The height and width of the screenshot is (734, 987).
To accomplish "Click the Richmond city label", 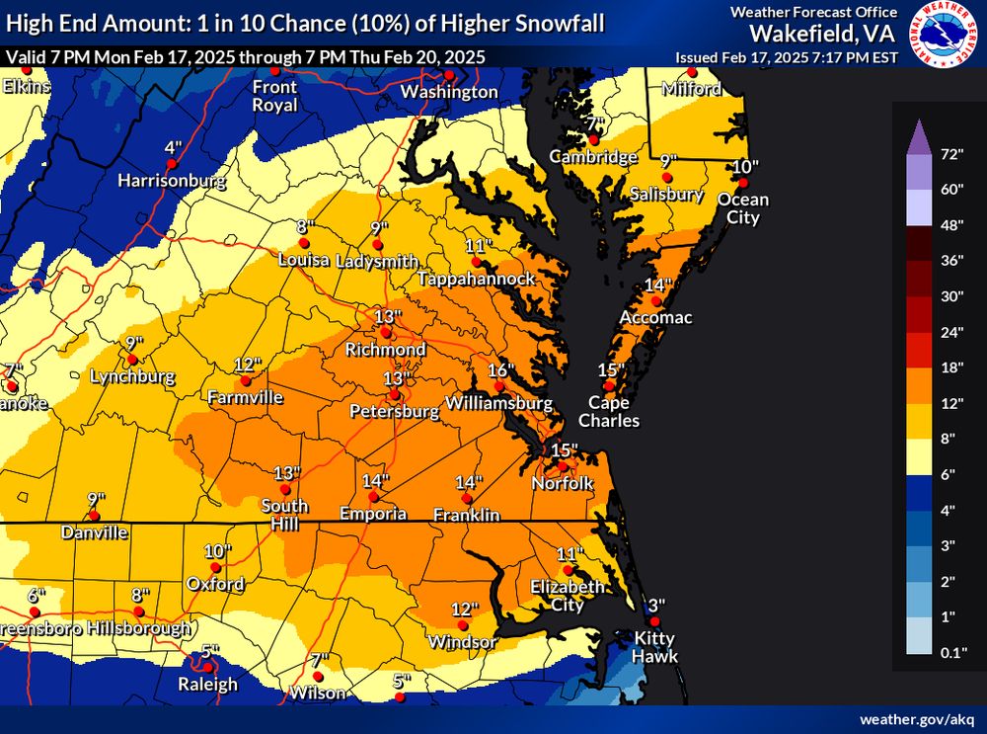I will pyautogui.click(x=385, y=350).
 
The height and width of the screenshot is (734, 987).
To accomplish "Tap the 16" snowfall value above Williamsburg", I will pyautogui.click(x=501, y=370).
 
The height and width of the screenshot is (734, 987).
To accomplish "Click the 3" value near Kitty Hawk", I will pyautogui.click(x=656, y=606).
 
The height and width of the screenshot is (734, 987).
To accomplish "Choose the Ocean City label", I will pyautogui.click(x=743, y=207).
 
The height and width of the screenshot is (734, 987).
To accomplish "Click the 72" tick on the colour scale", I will pyautogui.click(x=951, y=154).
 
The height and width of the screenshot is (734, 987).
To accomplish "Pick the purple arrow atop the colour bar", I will pyautogui.click(x=916, y=132).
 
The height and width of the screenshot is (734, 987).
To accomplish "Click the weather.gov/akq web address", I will pyautogui.click(x=915, y=719).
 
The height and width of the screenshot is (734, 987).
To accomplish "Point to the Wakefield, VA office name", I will pyautogui.click(x=823, y=33).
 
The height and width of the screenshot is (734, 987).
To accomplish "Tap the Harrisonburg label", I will pyautogui.click(x=172, y=181).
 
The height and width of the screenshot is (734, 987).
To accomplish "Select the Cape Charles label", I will pyautogui.click(x=614, y=411).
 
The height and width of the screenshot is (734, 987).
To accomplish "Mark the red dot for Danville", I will pyautogui.click(x=94, y=516).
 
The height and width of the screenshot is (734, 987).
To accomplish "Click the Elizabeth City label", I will pyautogui.click(x=567, y=596).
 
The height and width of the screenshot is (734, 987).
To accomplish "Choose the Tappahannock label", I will pyautogui.click(x=477, y=280).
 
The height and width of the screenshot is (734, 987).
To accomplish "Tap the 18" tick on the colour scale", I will pyautogui.click(x=951, y=367).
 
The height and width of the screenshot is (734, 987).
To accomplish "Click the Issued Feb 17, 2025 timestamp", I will pyautogui.click(x=786, y=57).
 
